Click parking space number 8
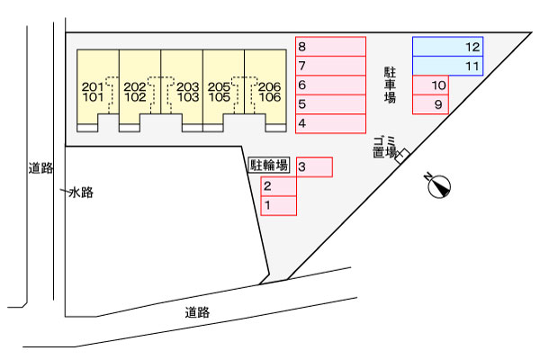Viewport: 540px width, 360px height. point(330,47)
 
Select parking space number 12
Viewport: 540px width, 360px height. point(447,47)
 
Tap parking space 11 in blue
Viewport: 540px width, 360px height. point(447,66)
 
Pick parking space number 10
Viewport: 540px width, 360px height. point(430,85)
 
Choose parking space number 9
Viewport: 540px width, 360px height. point(430,104)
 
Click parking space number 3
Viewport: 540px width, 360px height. point(314,167)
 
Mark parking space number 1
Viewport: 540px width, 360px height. point(279,206)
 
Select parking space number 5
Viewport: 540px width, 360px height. point(330,104)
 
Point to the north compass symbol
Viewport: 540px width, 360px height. point(439,186)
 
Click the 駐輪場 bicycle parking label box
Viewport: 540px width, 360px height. point(269,165)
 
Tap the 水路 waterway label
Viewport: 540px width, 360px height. point(81,193)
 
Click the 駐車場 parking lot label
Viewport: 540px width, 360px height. point(390,85)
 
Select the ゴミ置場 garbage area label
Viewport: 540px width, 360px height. point(384,147)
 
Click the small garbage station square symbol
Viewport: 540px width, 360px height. point(402,156)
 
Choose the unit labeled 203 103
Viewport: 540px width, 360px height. point(182,91)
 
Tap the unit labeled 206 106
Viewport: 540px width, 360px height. point(265,91)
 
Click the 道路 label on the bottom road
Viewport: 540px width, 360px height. point(197,312)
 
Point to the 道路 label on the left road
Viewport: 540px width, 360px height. point(41,168)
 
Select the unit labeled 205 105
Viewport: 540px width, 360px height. point(224,91)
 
